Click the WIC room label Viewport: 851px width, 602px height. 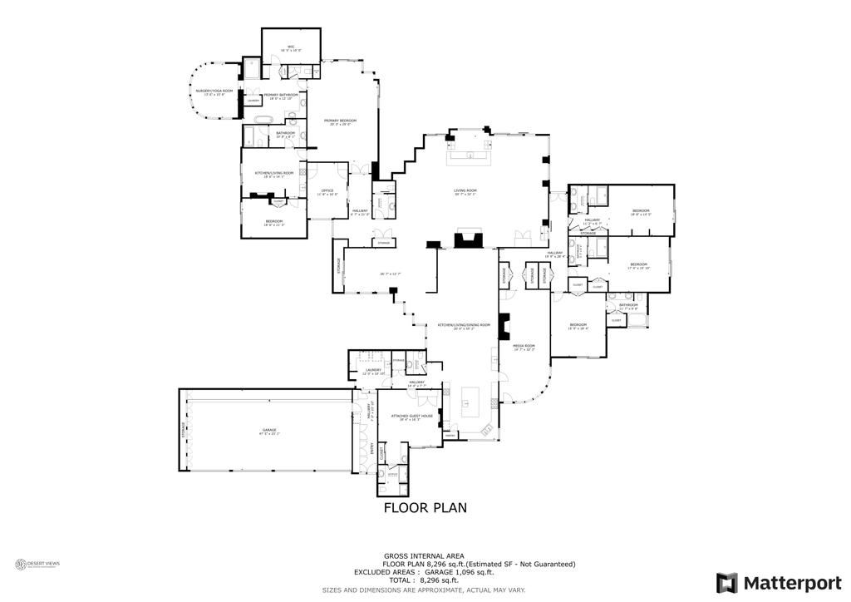pos(291,47)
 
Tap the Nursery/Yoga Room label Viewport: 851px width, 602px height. pos(209,91)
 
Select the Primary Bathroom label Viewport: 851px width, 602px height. pos(280,96)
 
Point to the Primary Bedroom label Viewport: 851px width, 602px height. pos(337,121)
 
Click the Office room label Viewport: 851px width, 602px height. pos(327,192)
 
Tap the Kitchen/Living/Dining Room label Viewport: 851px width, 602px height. pos(464,326)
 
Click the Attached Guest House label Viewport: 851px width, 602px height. pos(416,417)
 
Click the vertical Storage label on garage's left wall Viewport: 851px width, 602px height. pos(184,431)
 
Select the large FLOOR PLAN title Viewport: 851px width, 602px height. pos(425,507)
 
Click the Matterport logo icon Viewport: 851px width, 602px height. pos(727,581)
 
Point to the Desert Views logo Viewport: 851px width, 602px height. pos(38,565)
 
